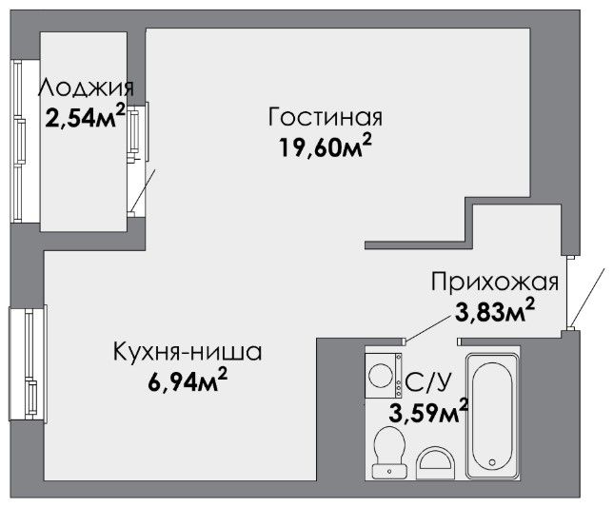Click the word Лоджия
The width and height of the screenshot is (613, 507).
pos(86,88)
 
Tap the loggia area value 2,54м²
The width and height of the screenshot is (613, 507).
pos(86,116)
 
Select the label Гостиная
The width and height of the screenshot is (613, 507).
pos(326,117)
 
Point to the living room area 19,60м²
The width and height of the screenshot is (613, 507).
pos(325,146)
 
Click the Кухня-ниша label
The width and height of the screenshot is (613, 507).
pos(188,352)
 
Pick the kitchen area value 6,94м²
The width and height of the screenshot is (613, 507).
pos(188,380)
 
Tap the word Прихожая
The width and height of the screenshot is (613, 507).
pos(495,282)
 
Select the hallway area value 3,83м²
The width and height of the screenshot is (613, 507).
pos(495,310)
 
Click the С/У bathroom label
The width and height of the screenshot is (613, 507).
pos(428,382)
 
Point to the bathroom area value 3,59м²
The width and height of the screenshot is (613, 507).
pos(428,411)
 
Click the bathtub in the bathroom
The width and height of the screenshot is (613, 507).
pos(492,416)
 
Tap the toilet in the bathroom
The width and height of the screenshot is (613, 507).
pos(388,452)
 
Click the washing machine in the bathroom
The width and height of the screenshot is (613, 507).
pos(384,376)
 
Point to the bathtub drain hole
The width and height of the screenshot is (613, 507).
pos(492,462)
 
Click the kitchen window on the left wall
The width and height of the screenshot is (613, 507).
pos(29,363)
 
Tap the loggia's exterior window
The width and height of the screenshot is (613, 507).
pos(19,141)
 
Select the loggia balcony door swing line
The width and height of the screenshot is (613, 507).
pos(143,190)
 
